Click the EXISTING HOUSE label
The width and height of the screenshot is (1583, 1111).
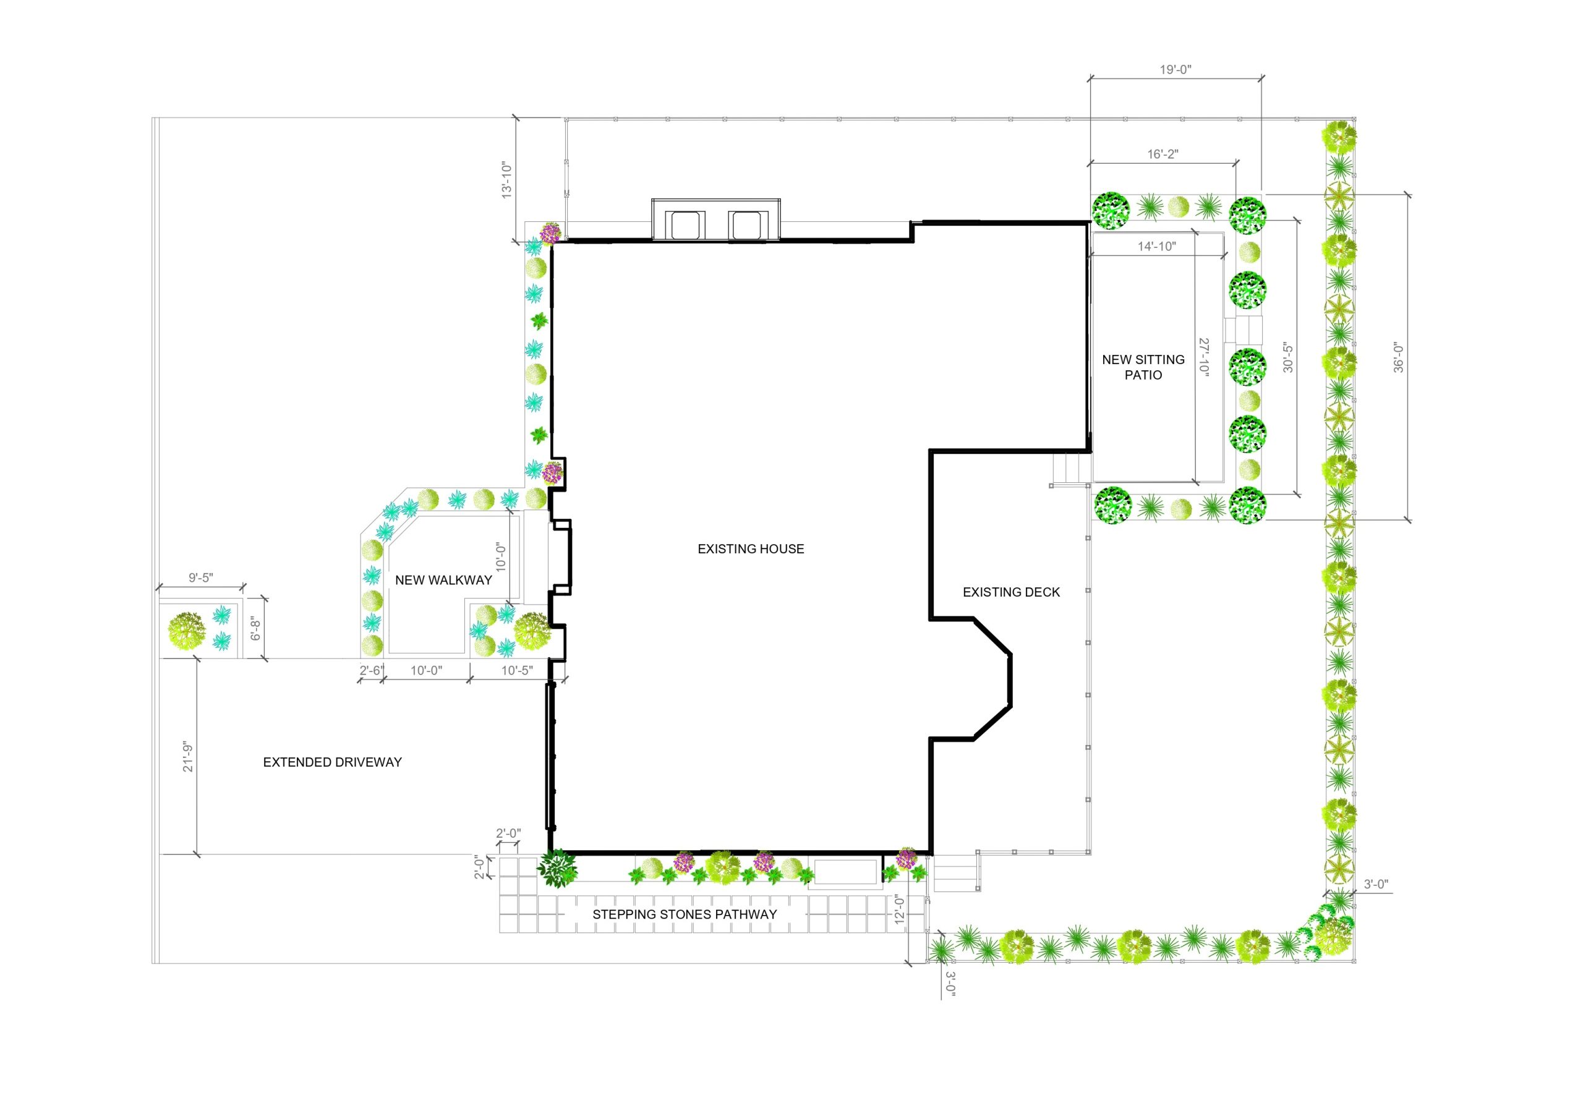click(x=751, y=548)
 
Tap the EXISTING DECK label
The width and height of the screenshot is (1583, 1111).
click(x=1011, y=592)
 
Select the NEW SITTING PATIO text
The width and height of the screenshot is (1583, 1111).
click(x=1143, y=367)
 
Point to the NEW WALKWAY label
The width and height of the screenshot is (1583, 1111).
click(x=443, y=581)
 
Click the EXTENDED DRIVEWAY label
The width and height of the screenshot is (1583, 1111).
click(x=332, y=762)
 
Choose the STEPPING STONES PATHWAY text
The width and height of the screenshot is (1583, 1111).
click(x=685, y=914)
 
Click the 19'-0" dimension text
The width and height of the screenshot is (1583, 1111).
click(x=1176, y=70)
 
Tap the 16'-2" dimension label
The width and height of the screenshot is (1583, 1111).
click(x=1163, y=155)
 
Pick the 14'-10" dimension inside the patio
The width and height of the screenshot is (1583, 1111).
click(x=1157, y=246)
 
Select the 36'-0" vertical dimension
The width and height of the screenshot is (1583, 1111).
click(x=1398, y=358)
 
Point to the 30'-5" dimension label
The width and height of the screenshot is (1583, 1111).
click(x=1288, y=358)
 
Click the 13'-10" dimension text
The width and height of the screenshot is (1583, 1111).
click(x=508, y=181)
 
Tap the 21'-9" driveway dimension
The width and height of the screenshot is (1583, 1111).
click(x=188, y=757)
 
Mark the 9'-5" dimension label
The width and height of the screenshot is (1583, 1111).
click(x=200, y=577)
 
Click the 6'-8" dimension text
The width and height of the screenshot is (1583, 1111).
click(x=256, y=629)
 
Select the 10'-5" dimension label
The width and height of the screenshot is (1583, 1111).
click(x=517, y=671)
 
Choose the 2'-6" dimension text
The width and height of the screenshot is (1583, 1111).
click(x=371, y=671)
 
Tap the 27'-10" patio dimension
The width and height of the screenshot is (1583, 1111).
click(x=1204, y=356)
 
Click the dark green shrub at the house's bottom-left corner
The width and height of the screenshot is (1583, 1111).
click(x=557, y=867)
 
